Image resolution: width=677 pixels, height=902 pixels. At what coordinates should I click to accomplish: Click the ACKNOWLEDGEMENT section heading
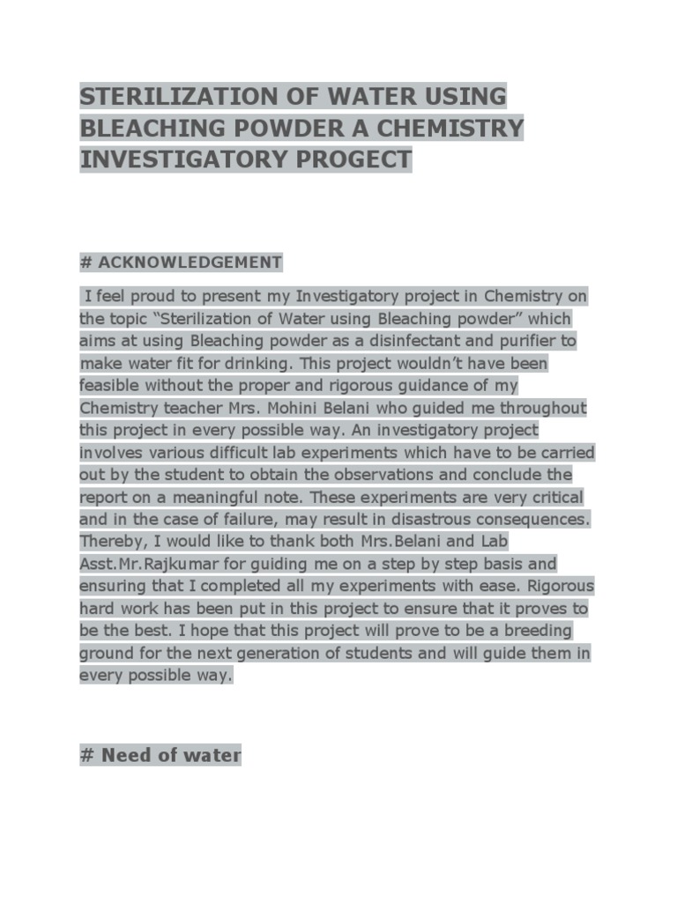coord(190,262)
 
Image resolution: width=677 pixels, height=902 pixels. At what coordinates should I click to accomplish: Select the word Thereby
coord(112,542)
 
